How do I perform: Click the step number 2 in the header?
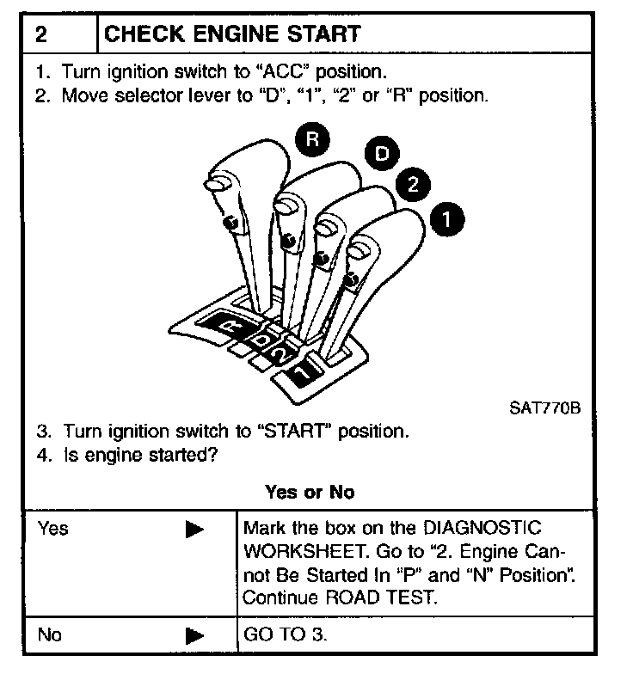pyautogui.click(x=40, y=34)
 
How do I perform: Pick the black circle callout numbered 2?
pyautogui.click(x=414, y=185)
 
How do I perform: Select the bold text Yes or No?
pyautogui.click(x=310, y=493)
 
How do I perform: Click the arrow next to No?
pyautogui.click(x=194, y=637)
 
